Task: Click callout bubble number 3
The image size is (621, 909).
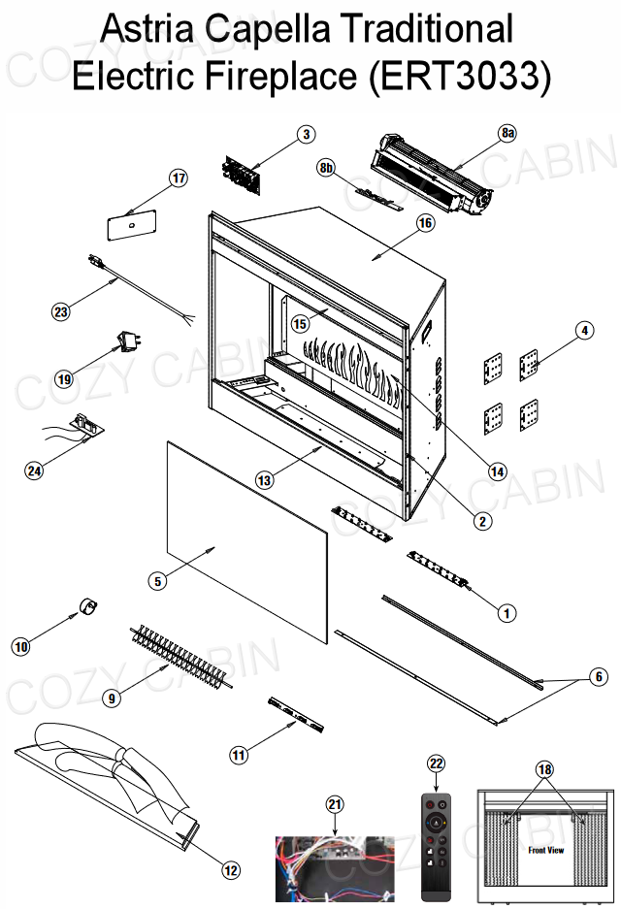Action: [306, 135]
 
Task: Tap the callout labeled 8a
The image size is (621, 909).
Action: [508, 132]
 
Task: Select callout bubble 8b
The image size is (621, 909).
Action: [327, 169]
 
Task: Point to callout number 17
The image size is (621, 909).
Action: [178, 179]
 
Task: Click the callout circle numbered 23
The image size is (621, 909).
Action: [61, 311]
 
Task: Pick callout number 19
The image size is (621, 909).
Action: [65, 379]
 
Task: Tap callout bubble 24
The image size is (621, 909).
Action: [35, 470]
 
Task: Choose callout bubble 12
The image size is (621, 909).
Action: [231, 870]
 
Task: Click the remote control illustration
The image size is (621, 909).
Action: [436, 845]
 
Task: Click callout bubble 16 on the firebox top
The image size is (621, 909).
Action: [424, 223]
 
